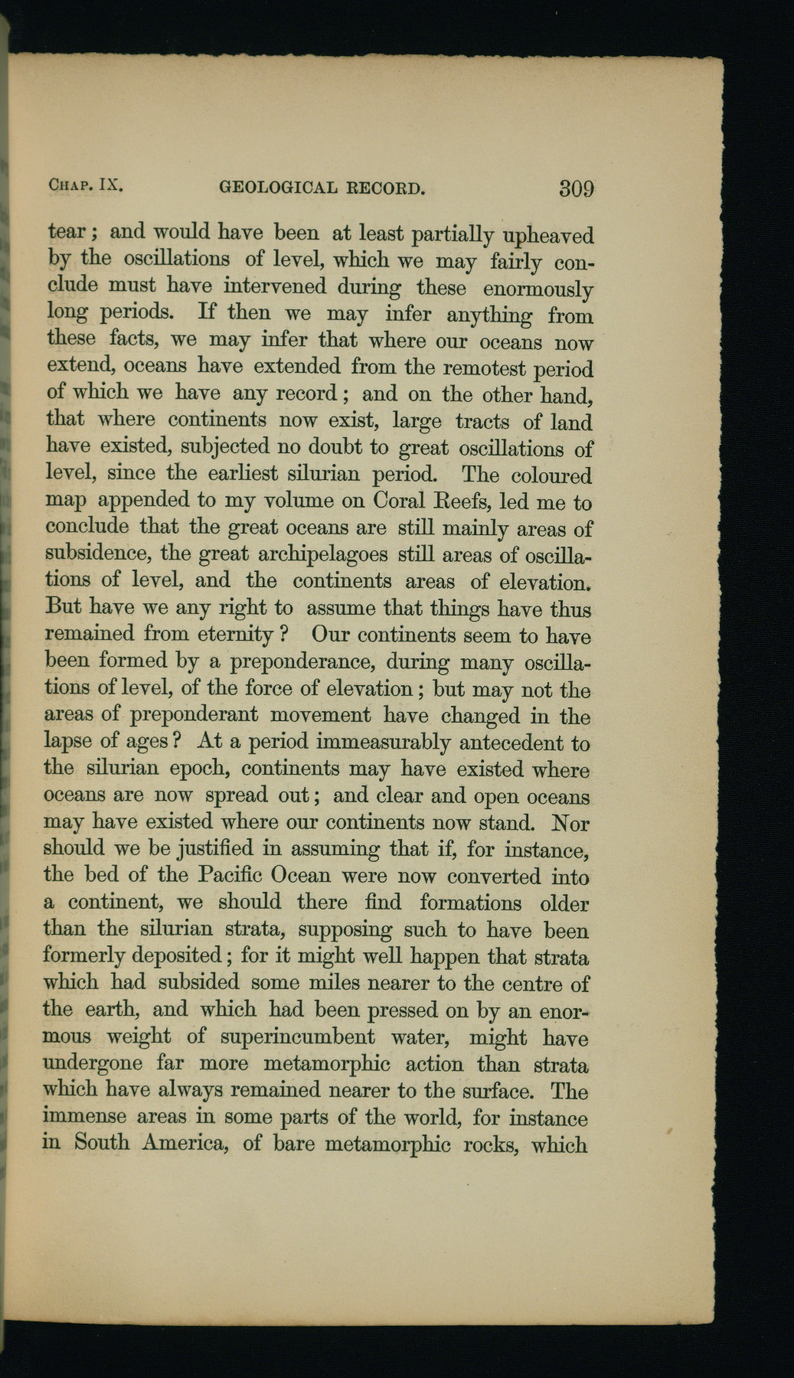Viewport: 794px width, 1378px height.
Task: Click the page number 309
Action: pyautogui.click(x=577, y=188)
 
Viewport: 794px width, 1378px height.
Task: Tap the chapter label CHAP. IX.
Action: pyautogui.click(x=86, y=184)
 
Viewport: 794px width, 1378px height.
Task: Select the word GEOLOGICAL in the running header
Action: pyautogui.click(x=278, y=186)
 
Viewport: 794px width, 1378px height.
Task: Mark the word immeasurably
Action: pyautogui.click(x=382, y=742)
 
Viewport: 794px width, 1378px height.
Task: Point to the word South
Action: pyautogui.click(x=103, y=1144)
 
